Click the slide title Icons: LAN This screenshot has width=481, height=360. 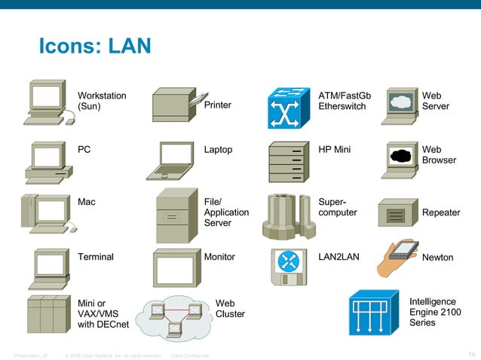click(x=95, y=47)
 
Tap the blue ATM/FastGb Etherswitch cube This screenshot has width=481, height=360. click(x=290, y=108)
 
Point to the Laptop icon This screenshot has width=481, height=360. click(x=174, y=160)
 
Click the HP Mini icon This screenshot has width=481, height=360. click(x=289, y=160)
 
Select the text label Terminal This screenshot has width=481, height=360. click(x=96, y=257)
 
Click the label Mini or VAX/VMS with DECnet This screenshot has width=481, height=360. click(x=103, y=314)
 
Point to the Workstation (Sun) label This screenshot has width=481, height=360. click(x=102, y=101)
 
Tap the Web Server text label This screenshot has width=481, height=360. click(x=435, y=101)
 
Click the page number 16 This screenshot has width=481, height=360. click(x=470, y=354)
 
